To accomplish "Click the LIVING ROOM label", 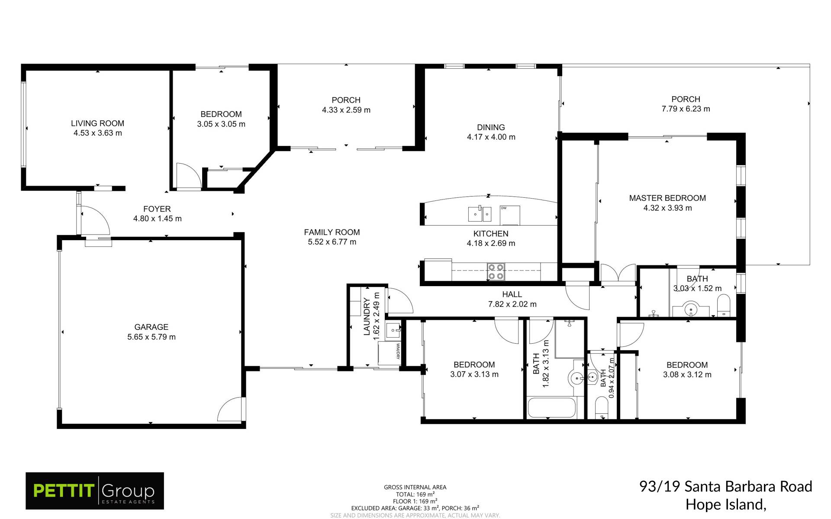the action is pyautogui.click(x=97, y=123).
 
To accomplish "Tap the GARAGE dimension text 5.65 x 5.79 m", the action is pyautogui.click(x=151, y=337).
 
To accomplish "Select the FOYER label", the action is pyautogui.click(x=157, y=209).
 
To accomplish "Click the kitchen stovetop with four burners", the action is pyautogui.click(x=496, y=272).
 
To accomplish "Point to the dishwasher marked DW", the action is pyautogui.click(x=510, y=215).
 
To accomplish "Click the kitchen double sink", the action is pyautogui.click(x=480, y=213).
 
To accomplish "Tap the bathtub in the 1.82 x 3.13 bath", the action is pyautogui.click(x=552, y=408).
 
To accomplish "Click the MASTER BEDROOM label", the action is pyautogui.click(x=667, y=198).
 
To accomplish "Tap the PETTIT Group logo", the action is pyautogui.click(x=95, y=491).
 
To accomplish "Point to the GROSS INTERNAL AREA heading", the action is pyautogui.click(x=415, y=487).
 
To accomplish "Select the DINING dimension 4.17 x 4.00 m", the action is pyautogui.click(x=491, y=137).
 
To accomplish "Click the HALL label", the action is pyautogui.click(x=512, y=294).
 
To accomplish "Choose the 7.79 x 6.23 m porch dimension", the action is pyautogui.click(x=686, y=109).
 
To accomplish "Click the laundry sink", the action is pyautogui.click(x=393, y=331).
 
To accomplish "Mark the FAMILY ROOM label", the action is pyautogui.click(x=332, y=232).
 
